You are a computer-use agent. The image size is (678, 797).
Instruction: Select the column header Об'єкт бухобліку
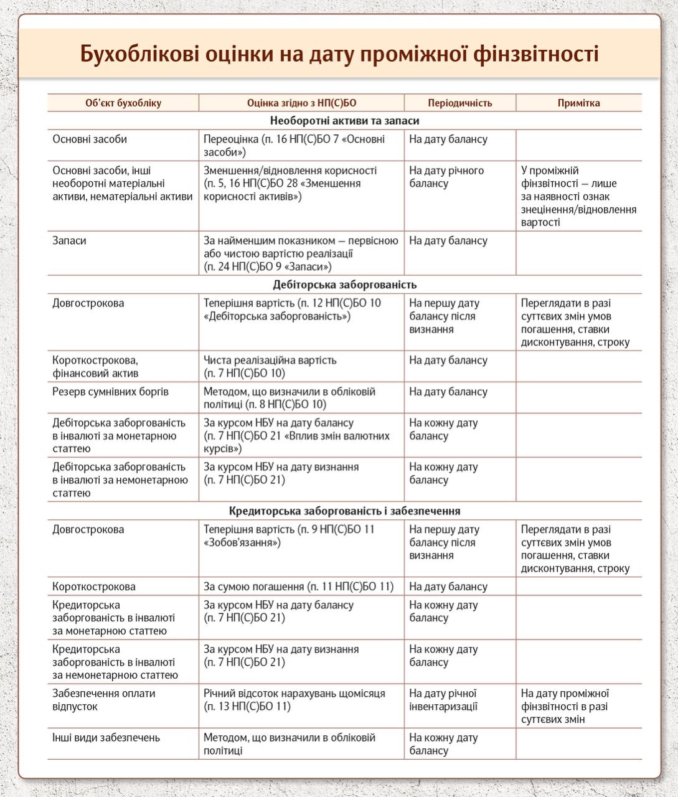tap(123, 103)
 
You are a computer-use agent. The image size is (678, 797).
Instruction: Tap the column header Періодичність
tap(459, 103)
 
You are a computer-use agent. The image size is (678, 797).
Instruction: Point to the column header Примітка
tap(578, 103)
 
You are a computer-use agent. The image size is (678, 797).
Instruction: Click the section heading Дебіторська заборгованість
tap(344, 285)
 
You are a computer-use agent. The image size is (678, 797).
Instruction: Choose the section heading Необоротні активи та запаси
tap(344, 121)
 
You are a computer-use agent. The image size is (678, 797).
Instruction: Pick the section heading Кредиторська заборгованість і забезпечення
tap(344, 511)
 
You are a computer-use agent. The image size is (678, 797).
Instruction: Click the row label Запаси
tap(70, 241)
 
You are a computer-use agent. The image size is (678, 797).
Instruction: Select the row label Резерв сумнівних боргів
tap(110, 392)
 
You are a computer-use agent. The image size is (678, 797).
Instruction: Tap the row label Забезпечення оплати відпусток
tap(103, 700)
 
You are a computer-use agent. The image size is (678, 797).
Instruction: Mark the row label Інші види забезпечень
tap(106, 738)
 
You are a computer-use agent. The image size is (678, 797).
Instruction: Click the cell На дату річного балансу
tap(446, 177)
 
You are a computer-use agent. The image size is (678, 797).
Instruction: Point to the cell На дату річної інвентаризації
tap(443, 700)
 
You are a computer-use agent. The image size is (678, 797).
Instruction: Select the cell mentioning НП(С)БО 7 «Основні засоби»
tap(294, 146)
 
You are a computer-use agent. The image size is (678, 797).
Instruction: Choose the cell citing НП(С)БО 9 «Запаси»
tap(301, 253)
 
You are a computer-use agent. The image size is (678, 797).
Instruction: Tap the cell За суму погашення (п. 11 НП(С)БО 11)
tap(299, 587)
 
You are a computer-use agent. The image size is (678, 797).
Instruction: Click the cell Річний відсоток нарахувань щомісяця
tap(294, 700)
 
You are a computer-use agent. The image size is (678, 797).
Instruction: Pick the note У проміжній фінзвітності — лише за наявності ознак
tap(578, 196)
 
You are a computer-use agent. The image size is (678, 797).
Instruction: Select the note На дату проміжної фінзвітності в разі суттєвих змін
tap(565, 706)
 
